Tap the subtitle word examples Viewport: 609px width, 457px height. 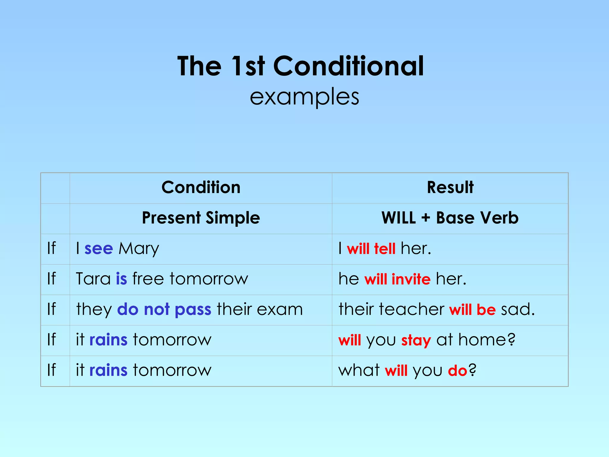[x=304, y=97]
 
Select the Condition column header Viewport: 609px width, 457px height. [x=201, y=187]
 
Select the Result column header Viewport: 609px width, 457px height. [x=450, y=187]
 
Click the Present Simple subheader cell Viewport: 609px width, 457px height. [x=201, y=218]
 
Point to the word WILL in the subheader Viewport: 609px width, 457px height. [x=398, y=218]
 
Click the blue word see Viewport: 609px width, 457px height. [x=99, y=249]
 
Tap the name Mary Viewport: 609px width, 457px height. [x=139, y=249]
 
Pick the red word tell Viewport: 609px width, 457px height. [x=385, y=249]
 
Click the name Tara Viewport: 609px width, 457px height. [x=93, y=279]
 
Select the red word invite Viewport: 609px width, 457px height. [x=411, y=279]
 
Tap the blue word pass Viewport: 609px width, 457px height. [x=193, y=309]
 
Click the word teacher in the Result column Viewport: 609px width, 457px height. [x=412, y=309]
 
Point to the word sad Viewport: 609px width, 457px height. [x=517, y=309]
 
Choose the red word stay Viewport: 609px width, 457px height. [x=416, y=340]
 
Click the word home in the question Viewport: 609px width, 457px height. [x=486, y=340]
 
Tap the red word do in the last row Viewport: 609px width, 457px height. [x=457, y=371]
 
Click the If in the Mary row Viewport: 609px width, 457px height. [x=51, y=248]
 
